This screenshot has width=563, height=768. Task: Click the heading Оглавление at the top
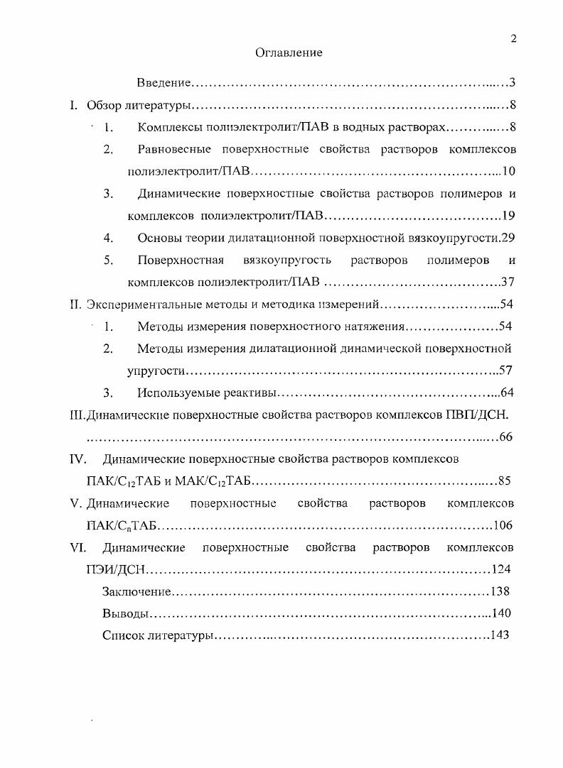click(x=288, y=53)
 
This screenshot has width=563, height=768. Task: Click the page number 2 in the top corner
click(x=513, y=40)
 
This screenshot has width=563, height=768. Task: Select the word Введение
click(x=164, y=84)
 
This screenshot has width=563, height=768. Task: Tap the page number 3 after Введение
click(x=512, y=84)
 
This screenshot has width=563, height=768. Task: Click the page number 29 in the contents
click(x=508, y=238)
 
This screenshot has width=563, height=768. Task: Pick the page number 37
click(x=508, y=282)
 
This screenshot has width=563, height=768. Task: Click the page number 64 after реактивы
click(x=507, y=393)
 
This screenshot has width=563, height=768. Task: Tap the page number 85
click(x=505, y=481)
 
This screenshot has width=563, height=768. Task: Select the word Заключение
click(x=136, y=591)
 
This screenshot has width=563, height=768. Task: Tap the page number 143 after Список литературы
click(x=500, y=635)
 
